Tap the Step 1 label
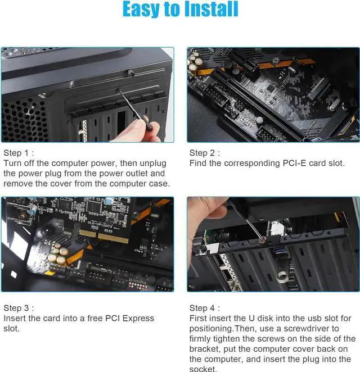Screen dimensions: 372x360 (x=19, y=153)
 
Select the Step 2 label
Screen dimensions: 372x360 (x=205, y=153)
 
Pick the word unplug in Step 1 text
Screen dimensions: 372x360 (x=147, y=163)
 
